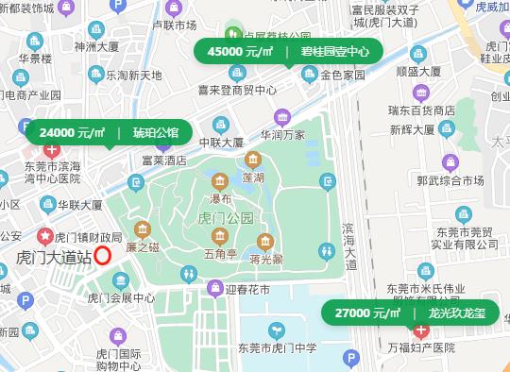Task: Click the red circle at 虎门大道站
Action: [103, 254]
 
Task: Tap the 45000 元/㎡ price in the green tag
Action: [239, 51]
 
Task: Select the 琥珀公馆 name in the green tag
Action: [156, 132]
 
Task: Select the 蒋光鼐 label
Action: [266, 258]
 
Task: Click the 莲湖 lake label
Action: [251, 177]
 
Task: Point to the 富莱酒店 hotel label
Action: [163, 161]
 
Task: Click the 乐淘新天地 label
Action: [133, 75]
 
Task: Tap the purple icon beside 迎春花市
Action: [214, 287]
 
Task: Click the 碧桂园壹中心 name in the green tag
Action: [335, 51]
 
